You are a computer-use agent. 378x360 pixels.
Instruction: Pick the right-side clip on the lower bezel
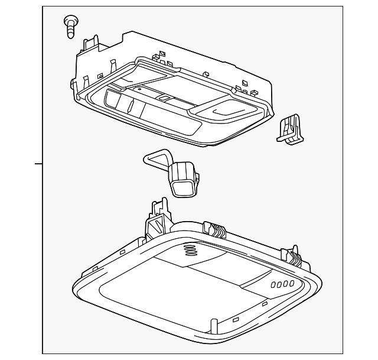(295, 255)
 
